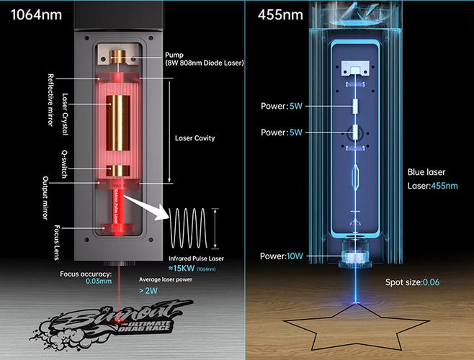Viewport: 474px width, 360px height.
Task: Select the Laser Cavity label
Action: click(x=194, y=137)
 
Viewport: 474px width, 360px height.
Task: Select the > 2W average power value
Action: click(x=150, y=291)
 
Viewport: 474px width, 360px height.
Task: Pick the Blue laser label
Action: click(x=426, y=173)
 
